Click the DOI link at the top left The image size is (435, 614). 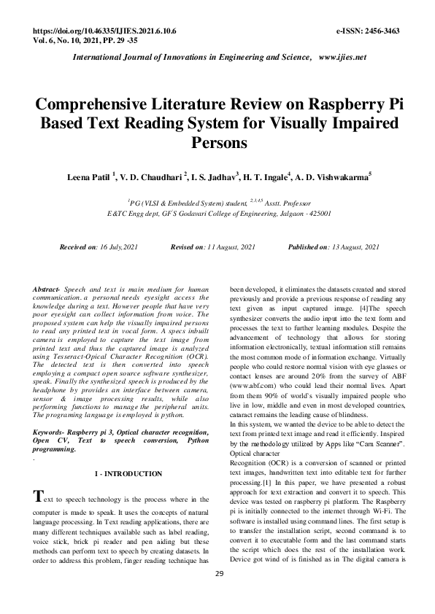105,34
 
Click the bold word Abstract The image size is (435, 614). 47,289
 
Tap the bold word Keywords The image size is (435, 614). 50,432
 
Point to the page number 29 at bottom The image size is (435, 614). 218,594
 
